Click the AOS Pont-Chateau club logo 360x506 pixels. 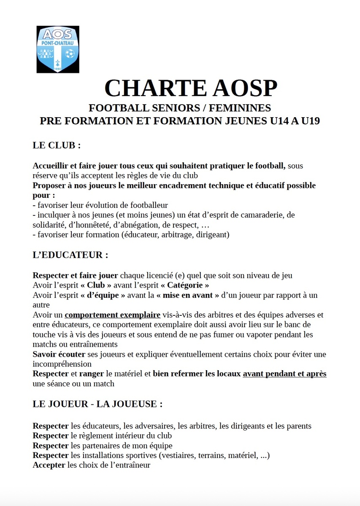58,49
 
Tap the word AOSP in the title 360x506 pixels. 245,88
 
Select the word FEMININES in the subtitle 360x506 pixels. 239,108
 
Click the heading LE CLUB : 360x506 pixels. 57,145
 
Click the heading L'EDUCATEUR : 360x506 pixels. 70,255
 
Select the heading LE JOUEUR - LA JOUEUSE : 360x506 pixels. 97,404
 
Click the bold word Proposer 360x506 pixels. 49,186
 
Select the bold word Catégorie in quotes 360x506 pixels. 185,285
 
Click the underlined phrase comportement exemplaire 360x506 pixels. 112,315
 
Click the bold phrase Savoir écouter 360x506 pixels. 59,354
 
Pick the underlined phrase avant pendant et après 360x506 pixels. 284,374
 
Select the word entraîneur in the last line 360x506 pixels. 133,466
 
